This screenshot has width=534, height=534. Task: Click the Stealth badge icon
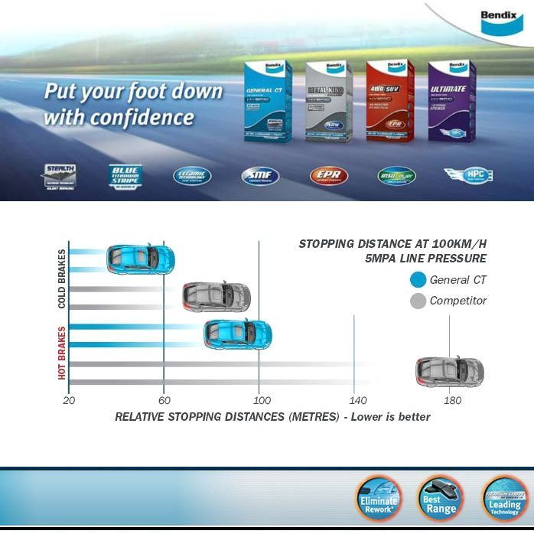(x=59, y=177)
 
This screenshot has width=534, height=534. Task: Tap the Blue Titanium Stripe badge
(x=125, y=176)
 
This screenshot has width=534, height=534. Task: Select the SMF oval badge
(x=260, y=177)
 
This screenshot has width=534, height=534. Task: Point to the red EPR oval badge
(x=328, y=177)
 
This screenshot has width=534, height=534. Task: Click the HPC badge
(x=468, y=175)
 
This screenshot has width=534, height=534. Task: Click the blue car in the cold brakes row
(x=140, y=259)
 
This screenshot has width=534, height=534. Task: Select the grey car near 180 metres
(x=450, y=372)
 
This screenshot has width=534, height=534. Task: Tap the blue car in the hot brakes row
(x=238, y=334)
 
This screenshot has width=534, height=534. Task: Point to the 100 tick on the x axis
(x=262, y=400)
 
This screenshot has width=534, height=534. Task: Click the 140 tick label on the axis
(x=357, y=400)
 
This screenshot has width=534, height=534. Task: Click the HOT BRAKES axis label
(x=62, y=353)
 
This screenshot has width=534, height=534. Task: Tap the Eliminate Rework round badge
(x=378, y=500)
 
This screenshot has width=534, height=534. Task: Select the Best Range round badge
(x=440, y=500)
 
